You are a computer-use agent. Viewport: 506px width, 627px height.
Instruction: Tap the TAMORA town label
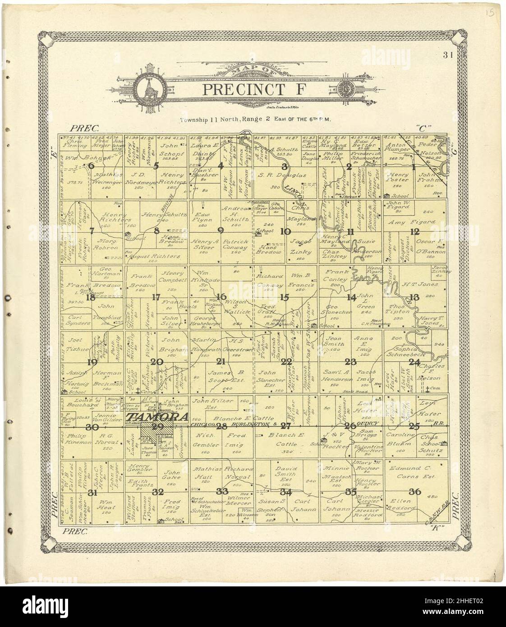click(157, 417)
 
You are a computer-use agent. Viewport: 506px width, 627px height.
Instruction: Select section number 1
click(413, 166)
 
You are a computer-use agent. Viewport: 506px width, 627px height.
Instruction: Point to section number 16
click(221, 296)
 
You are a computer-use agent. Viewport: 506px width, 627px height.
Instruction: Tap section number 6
click(92, 166)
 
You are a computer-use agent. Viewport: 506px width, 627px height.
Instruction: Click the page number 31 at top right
click(448, 56)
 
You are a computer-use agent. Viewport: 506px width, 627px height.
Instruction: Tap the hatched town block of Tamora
click(152, 432)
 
